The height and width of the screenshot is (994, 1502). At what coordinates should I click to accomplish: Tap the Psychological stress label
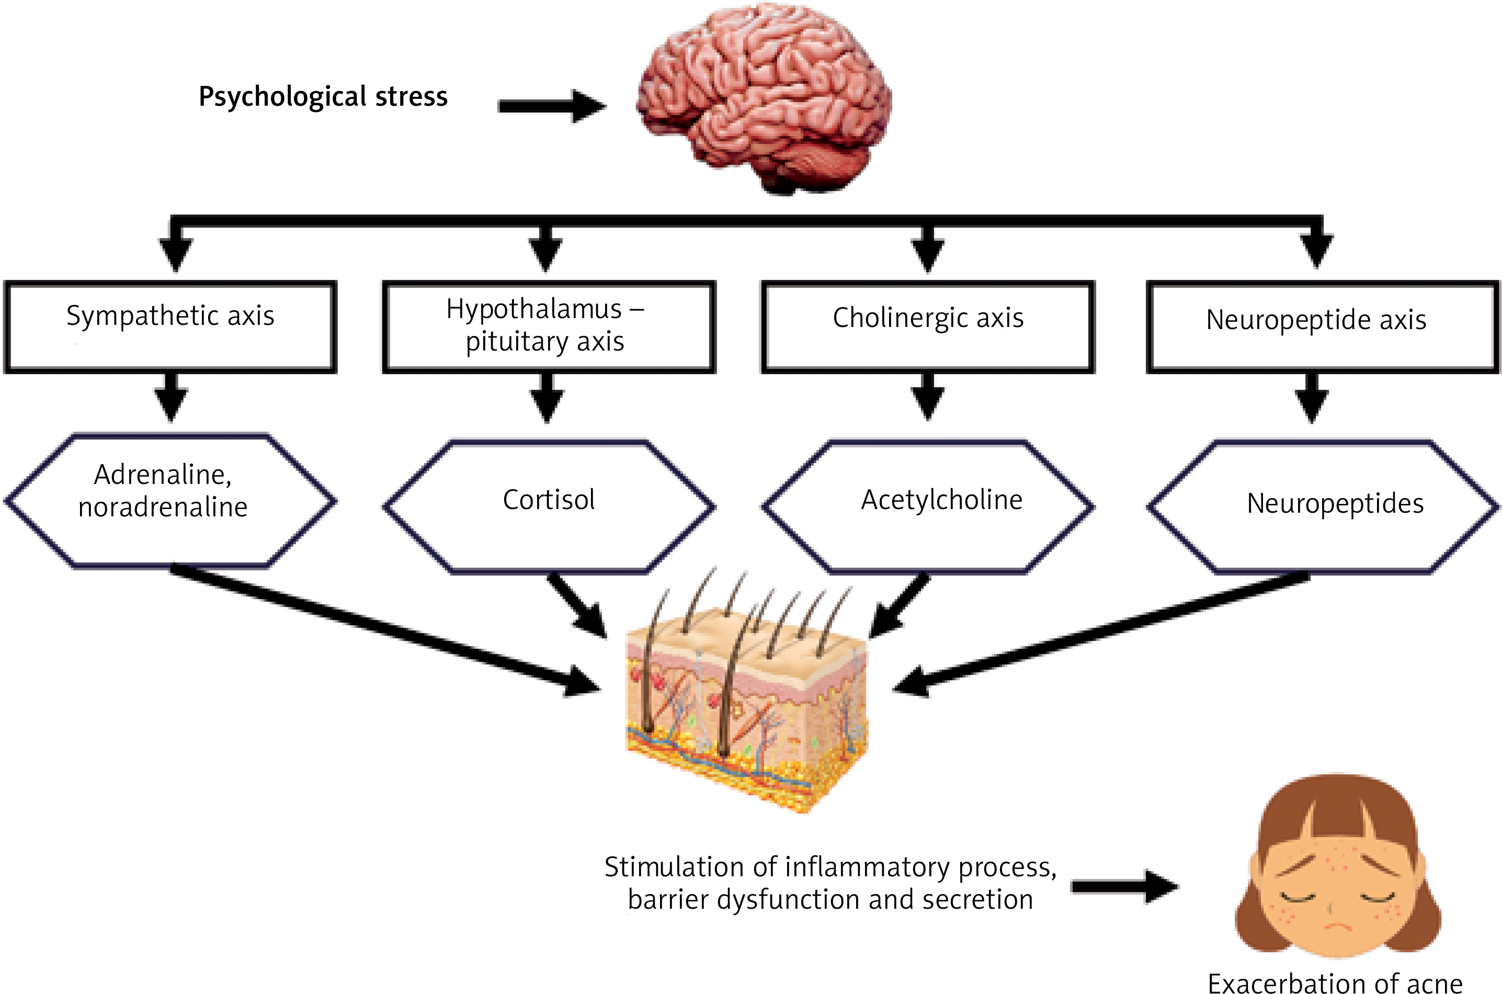click(x=323, y=96)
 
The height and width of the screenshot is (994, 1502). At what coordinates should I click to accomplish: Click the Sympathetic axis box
click(x=170, y=326)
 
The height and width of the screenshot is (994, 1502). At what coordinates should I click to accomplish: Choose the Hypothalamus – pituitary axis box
click(x=549, y=326)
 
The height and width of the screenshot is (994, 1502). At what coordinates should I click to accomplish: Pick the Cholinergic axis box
click(x=928, y=326)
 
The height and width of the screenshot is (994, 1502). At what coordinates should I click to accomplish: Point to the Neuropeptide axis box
click(x=1323, y=326)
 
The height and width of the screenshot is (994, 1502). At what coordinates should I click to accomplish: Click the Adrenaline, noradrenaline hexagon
click(x=170, y=500)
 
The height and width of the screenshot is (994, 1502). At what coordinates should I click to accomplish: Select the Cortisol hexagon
click(x=549, y=505)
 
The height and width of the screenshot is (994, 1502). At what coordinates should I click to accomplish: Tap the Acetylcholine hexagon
click(x=928, y=505)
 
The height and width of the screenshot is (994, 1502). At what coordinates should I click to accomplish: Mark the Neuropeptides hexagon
click(x=1323, y=505)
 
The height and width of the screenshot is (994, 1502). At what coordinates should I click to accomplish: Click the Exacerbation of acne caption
click(x=1335, y=982)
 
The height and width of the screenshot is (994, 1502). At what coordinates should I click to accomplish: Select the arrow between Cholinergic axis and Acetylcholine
click(x=928, y=396)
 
